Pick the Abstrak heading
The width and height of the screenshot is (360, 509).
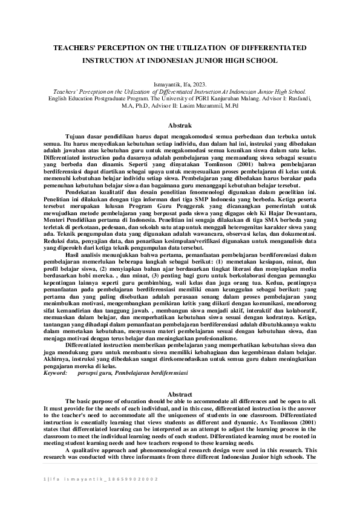tap(180, 124)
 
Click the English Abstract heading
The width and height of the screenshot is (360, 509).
tap(179, 394)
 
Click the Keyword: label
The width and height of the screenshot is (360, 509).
tap(55, 374)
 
